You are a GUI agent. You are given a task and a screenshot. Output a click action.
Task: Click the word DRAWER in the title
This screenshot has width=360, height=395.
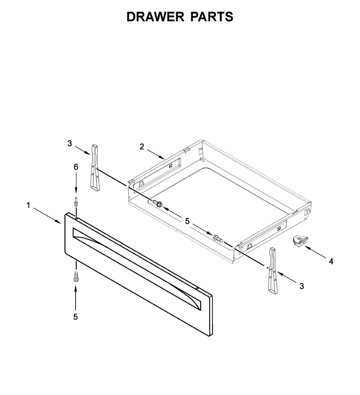(x=155, y=17)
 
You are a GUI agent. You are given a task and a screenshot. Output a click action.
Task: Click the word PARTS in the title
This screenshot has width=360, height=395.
(x=212, y=17)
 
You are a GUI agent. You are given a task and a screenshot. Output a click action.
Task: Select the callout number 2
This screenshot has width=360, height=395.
(x=142, y=147)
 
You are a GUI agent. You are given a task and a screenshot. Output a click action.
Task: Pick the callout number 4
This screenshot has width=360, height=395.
(x=331, y=261)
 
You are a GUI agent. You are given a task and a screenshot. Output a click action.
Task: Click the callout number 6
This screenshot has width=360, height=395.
(x=76, y=167)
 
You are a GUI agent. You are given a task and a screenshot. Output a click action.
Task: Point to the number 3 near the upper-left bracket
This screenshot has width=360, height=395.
(x=69, y=143)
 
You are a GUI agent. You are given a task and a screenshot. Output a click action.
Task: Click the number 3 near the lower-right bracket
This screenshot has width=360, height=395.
(x=302, y=286)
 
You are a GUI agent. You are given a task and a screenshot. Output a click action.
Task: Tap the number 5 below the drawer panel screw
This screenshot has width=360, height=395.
(x=76, y=317)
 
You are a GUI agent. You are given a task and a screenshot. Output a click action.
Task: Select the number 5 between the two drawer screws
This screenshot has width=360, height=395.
(x=187, y=221)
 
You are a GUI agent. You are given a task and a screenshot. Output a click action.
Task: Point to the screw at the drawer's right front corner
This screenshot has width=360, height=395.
(x=218, y=238)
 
